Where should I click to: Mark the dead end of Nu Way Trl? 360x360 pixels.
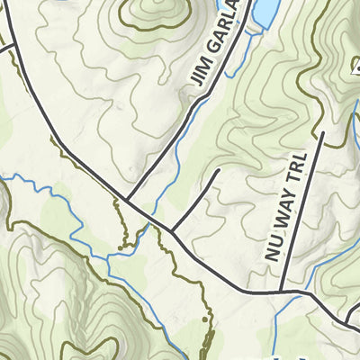pyautogui.click(x=322, y=132)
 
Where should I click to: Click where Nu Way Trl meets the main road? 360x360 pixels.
pyautogui.click(x=280, y=292)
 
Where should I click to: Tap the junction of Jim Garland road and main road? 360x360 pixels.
pyautogui.click(x=127, y=200)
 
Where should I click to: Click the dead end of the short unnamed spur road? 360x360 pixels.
pyautogui.click(x=219, y=169)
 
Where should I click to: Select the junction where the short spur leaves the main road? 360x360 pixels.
pyautogui.click(x=171, y=231)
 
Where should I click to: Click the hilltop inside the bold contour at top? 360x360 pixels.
pyautogui.click(x=153, y=11)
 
